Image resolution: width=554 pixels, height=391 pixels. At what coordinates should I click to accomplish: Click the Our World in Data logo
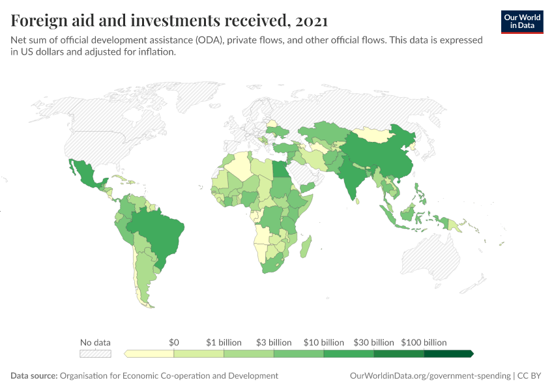point(521,22)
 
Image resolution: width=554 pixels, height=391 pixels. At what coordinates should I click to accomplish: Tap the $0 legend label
point(174,342)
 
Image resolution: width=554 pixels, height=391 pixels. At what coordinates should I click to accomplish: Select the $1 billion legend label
point(224,342)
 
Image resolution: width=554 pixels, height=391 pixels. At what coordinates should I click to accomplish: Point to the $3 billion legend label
point(274,342)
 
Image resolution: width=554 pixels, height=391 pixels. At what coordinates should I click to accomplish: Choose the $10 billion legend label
point(324,342)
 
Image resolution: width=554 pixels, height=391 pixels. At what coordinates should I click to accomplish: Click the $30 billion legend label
point(373,342)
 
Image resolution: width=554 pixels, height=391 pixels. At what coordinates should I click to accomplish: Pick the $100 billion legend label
point(424,342)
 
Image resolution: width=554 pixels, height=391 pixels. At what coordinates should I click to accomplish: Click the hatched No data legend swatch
point(95,354)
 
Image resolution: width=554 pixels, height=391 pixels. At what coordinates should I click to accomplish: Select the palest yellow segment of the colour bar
point(150,354)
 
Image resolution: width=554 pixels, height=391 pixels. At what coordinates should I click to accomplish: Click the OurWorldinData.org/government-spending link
point(430,376)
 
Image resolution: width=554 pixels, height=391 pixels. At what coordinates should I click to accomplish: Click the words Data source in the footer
point(34,376)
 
